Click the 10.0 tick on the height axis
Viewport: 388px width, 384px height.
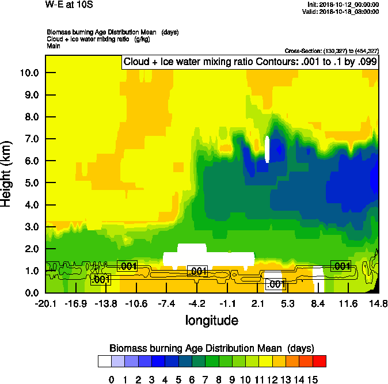click(30, 73)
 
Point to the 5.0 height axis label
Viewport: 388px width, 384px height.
click(30, 183)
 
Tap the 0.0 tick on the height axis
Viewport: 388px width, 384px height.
click(30, 292)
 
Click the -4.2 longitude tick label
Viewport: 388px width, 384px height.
click(197, 304)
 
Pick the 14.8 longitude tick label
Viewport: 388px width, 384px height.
click(378, 304)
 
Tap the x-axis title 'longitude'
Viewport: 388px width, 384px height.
click(211, 320)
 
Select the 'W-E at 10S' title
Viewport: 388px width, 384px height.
click(68, 5)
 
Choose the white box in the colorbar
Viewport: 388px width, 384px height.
click(104, 361)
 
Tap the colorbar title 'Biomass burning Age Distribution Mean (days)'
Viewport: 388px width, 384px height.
click(211, 348)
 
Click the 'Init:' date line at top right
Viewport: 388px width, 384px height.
click(343, 4)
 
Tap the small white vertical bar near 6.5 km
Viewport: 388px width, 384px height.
click(267, 150)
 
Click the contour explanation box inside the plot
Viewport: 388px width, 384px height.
click(249, 62)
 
